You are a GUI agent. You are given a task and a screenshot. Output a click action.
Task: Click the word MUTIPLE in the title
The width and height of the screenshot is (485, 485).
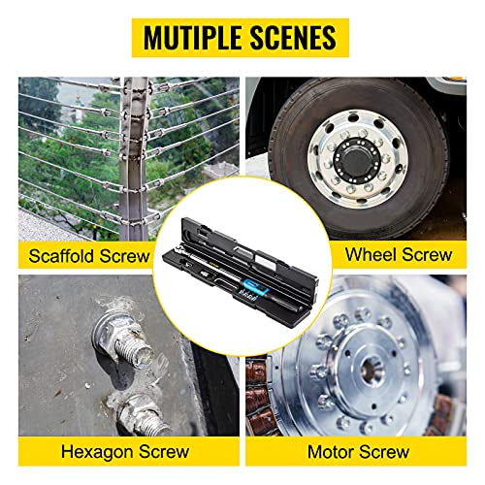click(x=193, y=38)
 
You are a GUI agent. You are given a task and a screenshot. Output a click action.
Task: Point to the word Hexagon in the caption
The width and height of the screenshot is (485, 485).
click(x=97, y=452)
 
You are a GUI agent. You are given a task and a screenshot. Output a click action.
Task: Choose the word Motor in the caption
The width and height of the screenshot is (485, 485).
click(x=331, y=451)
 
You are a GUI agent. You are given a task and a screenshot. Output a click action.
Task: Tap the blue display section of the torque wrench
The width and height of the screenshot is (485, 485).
click(x=251, y=284)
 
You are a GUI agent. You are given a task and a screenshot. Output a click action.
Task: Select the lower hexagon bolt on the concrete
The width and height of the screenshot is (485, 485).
click(x=145, y=415)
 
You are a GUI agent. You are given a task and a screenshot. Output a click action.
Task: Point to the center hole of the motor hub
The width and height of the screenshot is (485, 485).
click(x=372, y=369)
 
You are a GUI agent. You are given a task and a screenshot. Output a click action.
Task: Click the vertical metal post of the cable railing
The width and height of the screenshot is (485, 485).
click(x=133, y=158)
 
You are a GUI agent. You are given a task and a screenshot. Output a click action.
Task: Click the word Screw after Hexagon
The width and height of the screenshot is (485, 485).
click(x=164, y=451)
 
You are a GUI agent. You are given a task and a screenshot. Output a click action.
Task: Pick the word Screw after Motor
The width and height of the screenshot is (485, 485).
click(x=384, y=451)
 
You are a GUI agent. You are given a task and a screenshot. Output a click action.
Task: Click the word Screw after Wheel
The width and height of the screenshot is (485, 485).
click(x=427, y=254)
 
